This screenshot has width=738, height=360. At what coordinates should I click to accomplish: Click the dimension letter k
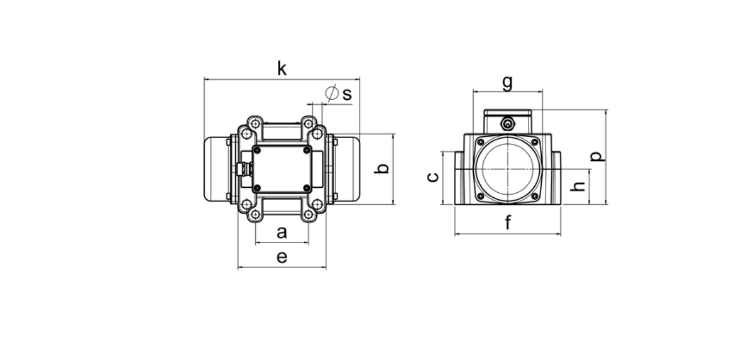coord(282,68)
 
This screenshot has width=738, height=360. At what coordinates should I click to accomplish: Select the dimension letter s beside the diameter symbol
coord(347,94)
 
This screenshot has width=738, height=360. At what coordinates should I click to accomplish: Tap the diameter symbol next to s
coord(332,93)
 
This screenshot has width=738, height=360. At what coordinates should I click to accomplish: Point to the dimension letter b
coord(381,168)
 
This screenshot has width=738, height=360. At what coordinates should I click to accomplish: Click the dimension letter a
coord(282,233)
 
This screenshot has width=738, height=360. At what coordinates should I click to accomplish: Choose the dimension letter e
coord(282,257)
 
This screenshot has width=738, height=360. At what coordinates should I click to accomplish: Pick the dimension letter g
coord(507,83)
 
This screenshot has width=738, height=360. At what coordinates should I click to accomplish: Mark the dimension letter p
coord(598,156)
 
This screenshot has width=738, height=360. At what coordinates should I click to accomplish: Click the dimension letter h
coord(578,187)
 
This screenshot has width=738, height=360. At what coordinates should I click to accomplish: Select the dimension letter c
coord(433,177)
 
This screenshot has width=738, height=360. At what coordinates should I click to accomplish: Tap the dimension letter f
coord(508,223)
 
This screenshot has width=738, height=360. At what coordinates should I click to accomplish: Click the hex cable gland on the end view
coord(508,124)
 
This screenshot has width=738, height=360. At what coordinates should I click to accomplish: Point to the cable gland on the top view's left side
coord(244,169)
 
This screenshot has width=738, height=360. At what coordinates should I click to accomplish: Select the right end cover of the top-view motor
coord(347,169)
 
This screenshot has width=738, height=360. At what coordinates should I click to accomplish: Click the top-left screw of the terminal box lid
coord(257,151)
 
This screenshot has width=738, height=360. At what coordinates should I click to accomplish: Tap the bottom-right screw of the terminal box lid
coord(307,188)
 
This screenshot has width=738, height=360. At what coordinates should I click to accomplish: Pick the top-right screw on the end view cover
coord(535,142)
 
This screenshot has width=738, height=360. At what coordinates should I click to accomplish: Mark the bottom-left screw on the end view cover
coord(481,196)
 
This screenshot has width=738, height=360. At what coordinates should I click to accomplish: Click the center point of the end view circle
coord(508,169)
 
